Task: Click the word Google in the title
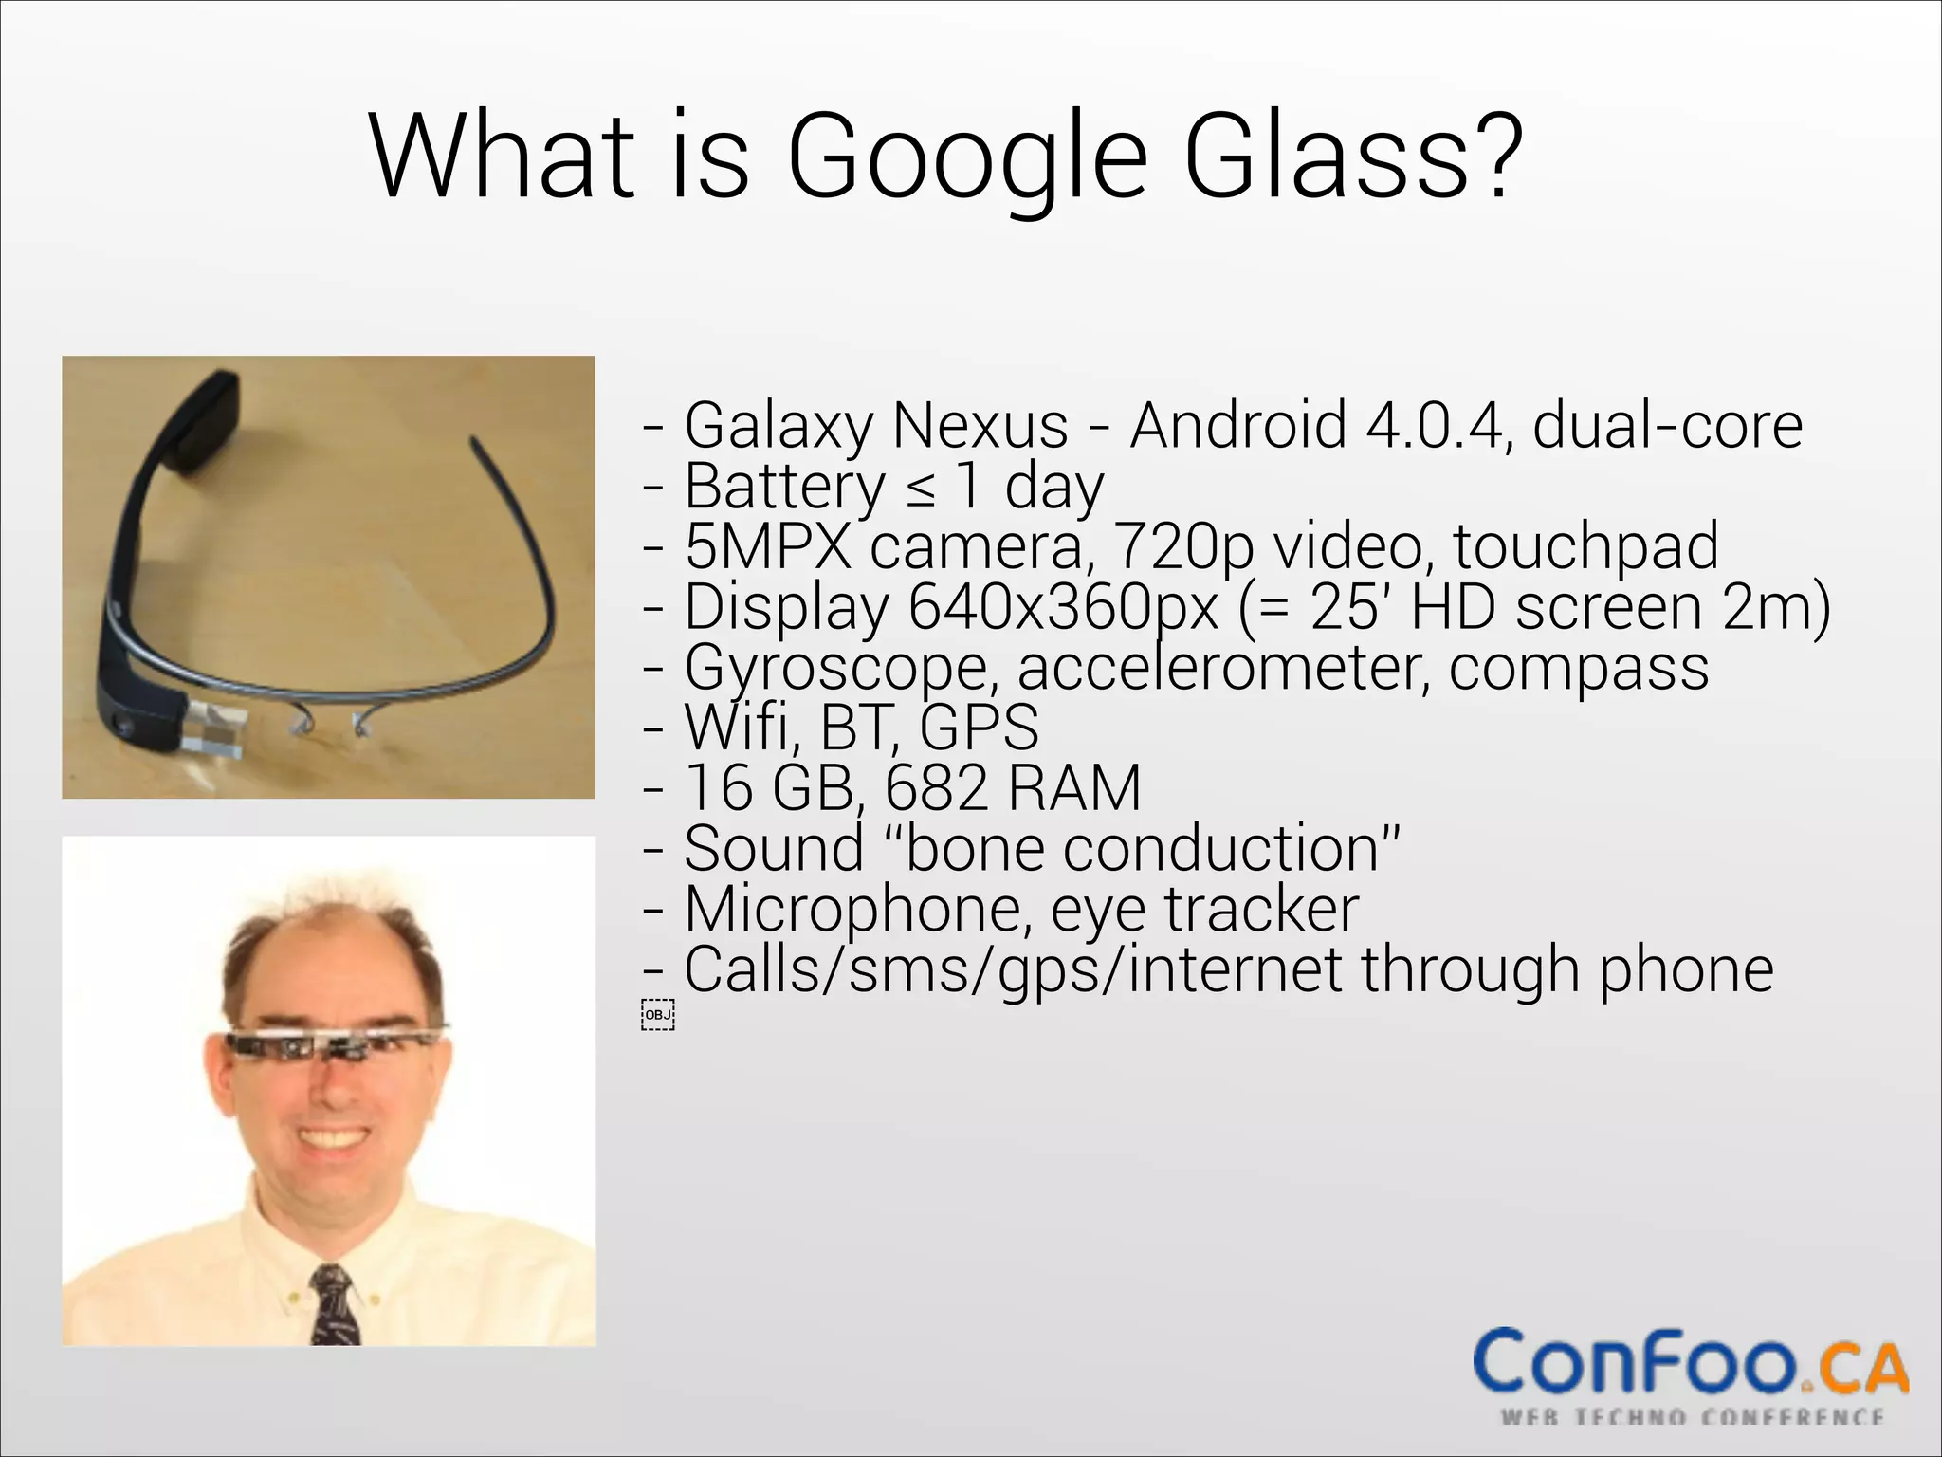tap(966, 157)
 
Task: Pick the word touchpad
tap(1585, 547)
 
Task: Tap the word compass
tap(1579, 669)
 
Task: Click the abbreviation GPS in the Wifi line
tap(979, 728)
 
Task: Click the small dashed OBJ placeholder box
tap(657, 1014)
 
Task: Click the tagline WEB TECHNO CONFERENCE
tap(1692, 1418)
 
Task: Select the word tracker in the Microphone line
tap(1262, 910)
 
